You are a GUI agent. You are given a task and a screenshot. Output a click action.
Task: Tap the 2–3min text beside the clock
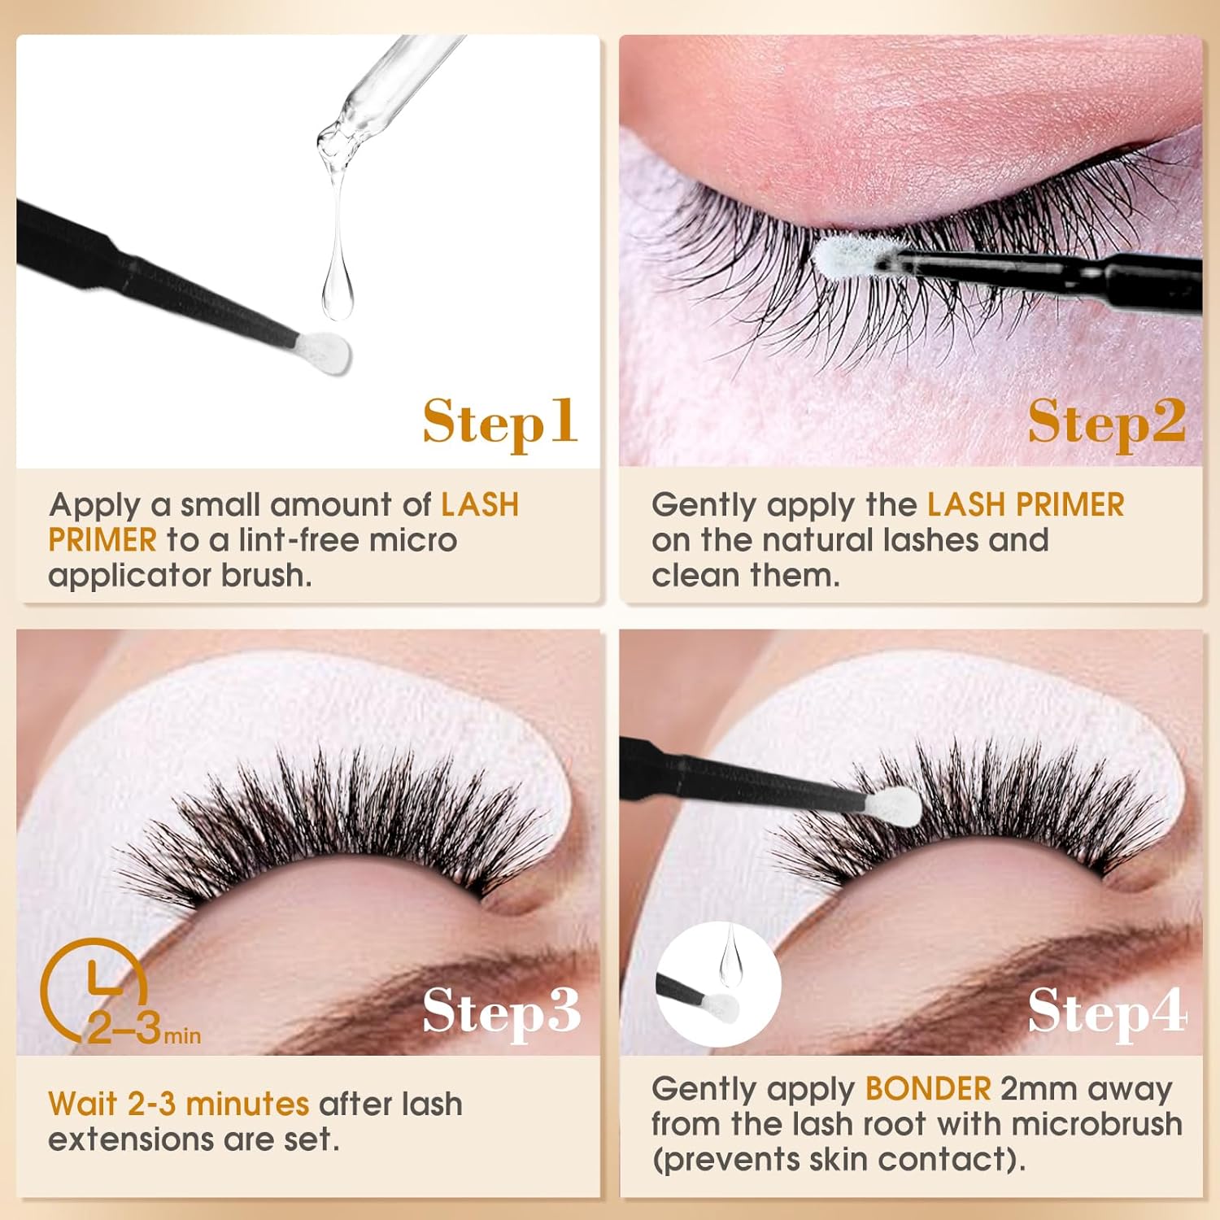(143, 1029)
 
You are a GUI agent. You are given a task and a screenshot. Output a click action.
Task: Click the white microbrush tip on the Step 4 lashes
(892, 806)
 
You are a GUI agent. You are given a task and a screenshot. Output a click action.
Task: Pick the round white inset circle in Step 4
(718, 984)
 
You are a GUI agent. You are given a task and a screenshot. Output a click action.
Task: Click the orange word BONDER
(928, 1088)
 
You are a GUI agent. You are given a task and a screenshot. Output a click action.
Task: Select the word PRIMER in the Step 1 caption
(102, 540)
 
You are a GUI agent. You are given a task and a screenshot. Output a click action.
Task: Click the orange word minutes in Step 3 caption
(247, 1104)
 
